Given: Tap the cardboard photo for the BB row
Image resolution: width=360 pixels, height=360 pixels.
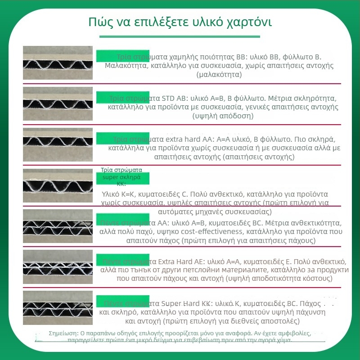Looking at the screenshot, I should click(x=58, y=63).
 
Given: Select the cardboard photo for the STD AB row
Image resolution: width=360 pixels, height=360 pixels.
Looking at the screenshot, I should click(x=58, y=103).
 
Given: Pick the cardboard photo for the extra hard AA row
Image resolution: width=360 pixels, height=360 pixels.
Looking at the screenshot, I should click(x=58, y=144).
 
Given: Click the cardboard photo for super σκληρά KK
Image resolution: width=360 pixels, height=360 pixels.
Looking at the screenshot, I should click(x=58, y=185).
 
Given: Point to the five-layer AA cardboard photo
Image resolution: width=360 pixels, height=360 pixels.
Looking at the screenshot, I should click(x=58, y=226).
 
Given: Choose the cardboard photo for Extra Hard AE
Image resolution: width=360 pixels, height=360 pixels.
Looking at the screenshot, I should click(x=58, y=266).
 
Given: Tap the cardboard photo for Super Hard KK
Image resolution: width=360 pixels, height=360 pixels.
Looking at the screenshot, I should click(x=58, y=307).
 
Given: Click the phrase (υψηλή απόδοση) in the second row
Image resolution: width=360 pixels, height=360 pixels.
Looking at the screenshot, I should click(x=222, y=116).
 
